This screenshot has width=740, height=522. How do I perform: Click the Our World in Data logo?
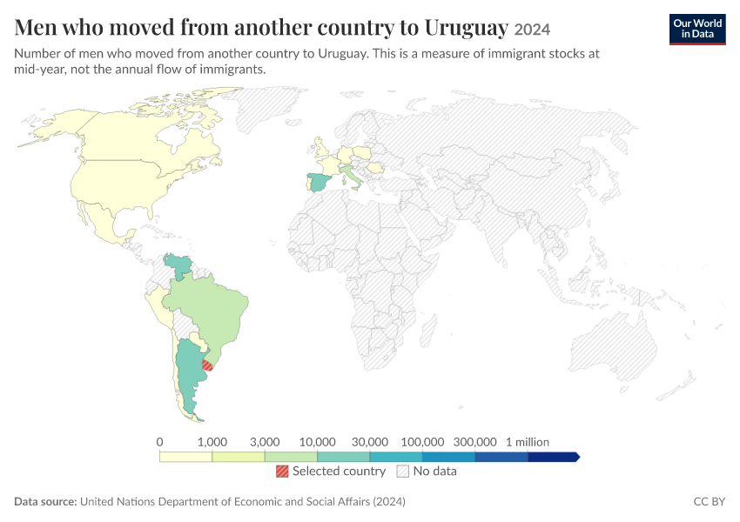click(697, 30)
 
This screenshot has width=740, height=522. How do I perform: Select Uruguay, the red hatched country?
click(208, 365)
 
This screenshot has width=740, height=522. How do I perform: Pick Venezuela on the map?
click(179, 265)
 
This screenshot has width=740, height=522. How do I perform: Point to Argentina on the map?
click(189, 378)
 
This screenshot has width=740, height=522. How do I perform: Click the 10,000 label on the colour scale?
click(317, 442)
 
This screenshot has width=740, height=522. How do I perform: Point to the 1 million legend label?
click(528, 442)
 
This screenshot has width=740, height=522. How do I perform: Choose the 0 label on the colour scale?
click(159, 442)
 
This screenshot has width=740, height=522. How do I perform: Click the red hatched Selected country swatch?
click(282, 471)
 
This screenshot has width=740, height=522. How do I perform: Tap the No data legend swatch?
click(403, 471)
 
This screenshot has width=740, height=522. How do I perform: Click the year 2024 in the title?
click(532, 30)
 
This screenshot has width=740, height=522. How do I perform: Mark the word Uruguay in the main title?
click(467, 28)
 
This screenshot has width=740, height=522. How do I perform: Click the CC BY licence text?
click(710, 501)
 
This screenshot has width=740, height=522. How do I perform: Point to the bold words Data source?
click(45, 501)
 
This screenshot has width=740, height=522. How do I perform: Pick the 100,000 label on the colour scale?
click(422, 442)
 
